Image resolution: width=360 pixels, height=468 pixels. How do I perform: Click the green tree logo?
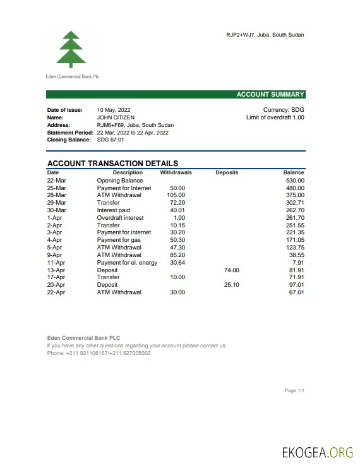coord(70,49)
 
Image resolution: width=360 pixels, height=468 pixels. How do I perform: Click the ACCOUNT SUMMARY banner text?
coord(270,95)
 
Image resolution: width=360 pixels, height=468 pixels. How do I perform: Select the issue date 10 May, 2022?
coord(114,110)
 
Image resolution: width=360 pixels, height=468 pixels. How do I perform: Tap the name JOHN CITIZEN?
coord(116,117)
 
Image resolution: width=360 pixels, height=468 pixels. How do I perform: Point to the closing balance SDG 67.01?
coord(111,140)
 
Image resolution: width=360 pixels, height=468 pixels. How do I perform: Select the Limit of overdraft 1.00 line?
coord(275,117)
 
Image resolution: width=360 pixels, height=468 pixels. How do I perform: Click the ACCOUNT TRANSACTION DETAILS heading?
coord(112,164)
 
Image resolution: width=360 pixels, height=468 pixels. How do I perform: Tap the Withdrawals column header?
coord(176,172)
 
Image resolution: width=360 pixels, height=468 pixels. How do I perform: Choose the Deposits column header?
coord(227,172)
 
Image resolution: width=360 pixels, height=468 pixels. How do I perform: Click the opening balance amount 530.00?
coord(294,181)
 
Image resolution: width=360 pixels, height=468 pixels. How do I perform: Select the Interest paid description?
coord(113,210)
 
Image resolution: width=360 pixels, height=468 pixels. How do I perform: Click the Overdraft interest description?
coord(120,218)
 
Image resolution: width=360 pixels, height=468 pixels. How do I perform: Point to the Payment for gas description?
coord(119,240)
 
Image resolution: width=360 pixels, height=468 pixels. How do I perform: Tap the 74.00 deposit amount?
coord(232,270)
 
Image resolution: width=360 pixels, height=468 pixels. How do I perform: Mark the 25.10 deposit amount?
coord(232,285)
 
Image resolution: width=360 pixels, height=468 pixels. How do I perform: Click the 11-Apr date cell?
coord(56,263)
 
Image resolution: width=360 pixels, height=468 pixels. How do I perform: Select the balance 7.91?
coord(298,263)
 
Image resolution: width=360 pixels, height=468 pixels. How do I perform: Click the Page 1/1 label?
coord(294,391)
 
